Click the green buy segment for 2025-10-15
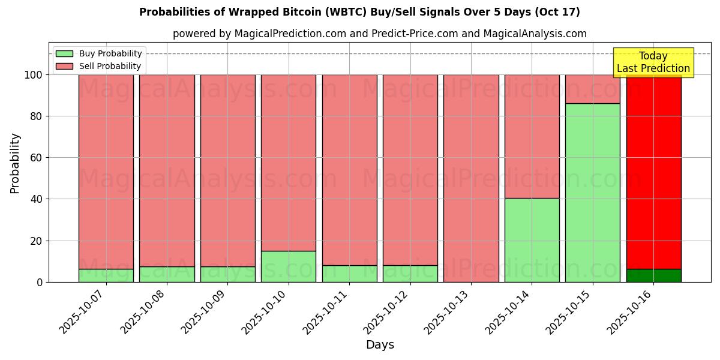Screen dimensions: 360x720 pyautogui.click(x=592, y=192)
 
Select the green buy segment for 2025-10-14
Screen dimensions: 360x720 pyautogui.click(x=532, y=240)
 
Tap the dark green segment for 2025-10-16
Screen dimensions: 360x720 pyautogui.click(x=653, y=275)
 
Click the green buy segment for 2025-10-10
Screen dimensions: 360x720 pyautogui.click(x=289, y=266)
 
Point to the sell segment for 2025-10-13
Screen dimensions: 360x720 pyautogui.click(x=471, y=178)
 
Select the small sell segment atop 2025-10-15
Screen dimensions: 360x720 pyautogui.click(x=592, y=89)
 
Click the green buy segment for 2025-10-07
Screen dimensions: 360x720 pyautogui.click(x=106, y=275)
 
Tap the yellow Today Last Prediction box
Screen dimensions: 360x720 pyautogui.click(x=653, y=62)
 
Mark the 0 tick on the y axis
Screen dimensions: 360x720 pyautogui.click(x=40, y=282)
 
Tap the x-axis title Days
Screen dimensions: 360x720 pyautogui.click(x=380, y=345)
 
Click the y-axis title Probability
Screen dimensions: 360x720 pyautogui.click(x=15, y=163)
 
